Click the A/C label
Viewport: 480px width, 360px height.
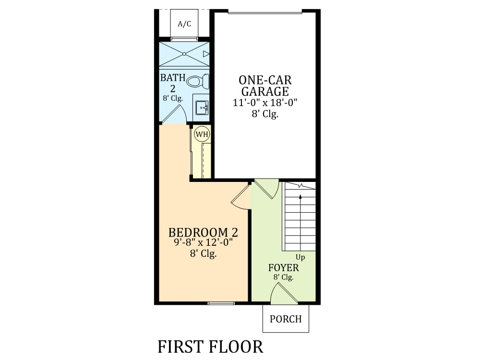pyautogui.click(x=184, y=24)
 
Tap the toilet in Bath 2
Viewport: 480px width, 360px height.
pyautogui.click(x=197, y=82)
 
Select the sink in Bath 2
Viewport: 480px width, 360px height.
pyautogui.click(x=202, y=108)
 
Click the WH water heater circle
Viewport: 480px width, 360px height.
pyautogui.click(x=202, y=134)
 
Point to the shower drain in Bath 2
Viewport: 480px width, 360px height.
pyautogui.click(x=184, y=54)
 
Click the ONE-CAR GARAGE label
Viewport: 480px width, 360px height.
pyautogui.click(x=265, y=86)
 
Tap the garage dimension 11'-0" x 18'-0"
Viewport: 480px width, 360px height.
pyautogui.click(x=265, y=103)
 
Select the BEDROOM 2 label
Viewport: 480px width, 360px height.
pyautogui.click(x=203, y=233)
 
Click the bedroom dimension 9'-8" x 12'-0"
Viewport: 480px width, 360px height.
pyautogui.click(x=203, y=242)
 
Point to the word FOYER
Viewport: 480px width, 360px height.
pyautogui.click(x=284, y=268)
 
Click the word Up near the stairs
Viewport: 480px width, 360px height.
pyautogui.click(x=300, y=257)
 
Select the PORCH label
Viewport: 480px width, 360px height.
pyautogui.click(x=286, y=319)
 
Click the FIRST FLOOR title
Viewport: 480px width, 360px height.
pyautogui.click(x=210, y=347)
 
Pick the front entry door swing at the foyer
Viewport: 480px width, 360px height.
pyautogui.click(x=284, y=293)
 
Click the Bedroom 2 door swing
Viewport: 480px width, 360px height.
pyautogui.click(x=241, y=196)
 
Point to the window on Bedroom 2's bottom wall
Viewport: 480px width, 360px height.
pyautogui.click(x=221, y=303)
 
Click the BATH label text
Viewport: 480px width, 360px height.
pyautogui.click(x=173, y=78)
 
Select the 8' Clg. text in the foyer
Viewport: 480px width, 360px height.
pyautogui.click(x=284, y=277)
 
